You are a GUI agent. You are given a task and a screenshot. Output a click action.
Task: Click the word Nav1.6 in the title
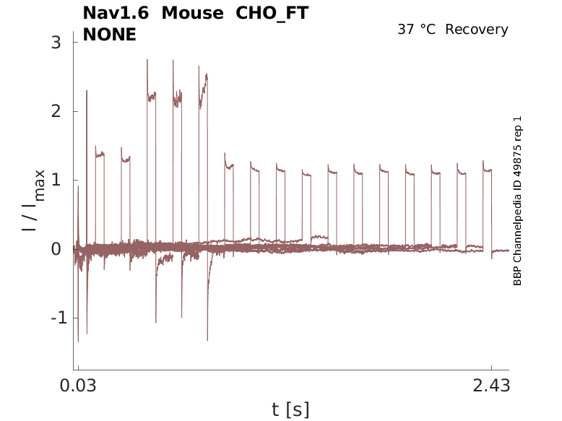[116, 13]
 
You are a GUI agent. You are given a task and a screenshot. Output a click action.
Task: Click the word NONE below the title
[110, 34]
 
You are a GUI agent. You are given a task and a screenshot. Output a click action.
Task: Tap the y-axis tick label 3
[56, 43]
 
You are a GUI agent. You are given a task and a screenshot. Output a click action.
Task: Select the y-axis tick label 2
[56, 111]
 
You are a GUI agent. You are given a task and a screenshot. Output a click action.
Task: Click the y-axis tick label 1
[56, 180]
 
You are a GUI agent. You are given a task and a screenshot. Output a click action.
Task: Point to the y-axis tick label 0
[56, 249]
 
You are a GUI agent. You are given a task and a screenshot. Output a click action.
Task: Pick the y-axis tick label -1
[52, 318]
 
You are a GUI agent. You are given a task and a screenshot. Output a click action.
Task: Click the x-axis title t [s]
[290, 410]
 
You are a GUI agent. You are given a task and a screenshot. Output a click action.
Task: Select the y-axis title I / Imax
[33, 201]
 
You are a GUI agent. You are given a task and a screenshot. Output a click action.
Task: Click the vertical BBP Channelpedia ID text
[517, 201]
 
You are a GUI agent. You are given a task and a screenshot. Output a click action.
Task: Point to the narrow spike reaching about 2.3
[87, 92]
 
